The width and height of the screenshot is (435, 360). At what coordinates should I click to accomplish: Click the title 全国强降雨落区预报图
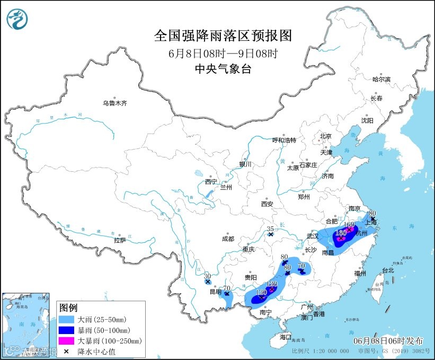[223, 36]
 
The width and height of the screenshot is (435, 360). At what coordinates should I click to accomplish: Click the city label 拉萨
[120, 240]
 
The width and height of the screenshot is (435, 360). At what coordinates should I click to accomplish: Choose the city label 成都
[228, 239]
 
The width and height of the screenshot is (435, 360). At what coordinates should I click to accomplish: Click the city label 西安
[267, 204]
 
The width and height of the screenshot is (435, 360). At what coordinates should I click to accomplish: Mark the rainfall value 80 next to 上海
[372, 213]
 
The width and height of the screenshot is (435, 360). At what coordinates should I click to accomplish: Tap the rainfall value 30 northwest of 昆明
[207, 276]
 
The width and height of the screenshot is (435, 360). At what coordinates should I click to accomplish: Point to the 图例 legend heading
[68, 308]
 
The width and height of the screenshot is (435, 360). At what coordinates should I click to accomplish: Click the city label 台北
[388, 270]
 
